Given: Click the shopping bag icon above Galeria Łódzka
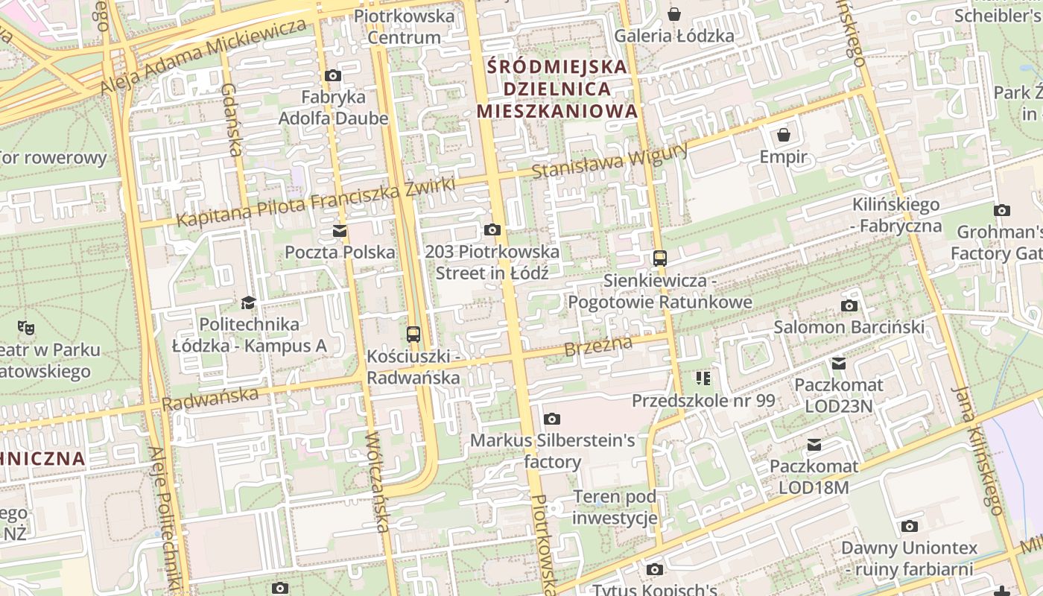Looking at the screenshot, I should click(674, 14).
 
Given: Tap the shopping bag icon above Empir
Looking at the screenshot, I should click(783, 135).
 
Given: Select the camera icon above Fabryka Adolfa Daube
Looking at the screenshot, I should click(333, 75).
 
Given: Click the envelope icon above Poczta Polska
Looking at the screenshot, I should click(340, 230).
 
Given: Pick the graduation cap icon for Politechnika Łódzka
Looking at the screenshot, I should click(248, 302).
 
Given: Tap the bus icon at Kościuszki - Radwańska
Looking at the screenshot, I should click(413, 335).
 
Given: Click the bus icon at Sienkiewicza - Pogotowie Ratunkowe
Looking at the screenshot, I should click(659, 259).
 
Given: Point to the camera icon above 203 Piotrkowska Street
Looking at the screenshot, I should click(492, 229).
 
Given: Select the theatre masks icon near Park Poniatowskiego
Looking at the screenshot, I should click(26, 326).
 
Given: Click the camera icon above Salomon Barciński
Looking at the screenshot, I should click(849, 305).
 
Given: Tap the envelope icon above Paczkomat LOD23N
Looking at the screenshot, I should click(839, 364).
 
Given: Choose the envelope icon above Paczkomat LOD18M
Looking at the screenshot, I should click(814, 445).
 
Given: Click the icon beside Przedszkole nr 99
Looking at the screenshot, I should click(703, 378).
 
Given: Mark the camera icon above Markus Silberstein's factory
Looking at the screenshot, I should click(551, 419).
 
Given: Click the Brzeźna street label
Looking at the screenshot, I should click(597, 346).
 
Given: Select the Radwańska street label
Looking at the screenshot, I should click(209, 399).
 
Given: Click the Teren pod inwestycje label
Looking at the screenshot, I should click(615, 507).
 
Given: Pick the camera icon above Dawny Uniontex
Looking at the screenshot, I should click(908, 527).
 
